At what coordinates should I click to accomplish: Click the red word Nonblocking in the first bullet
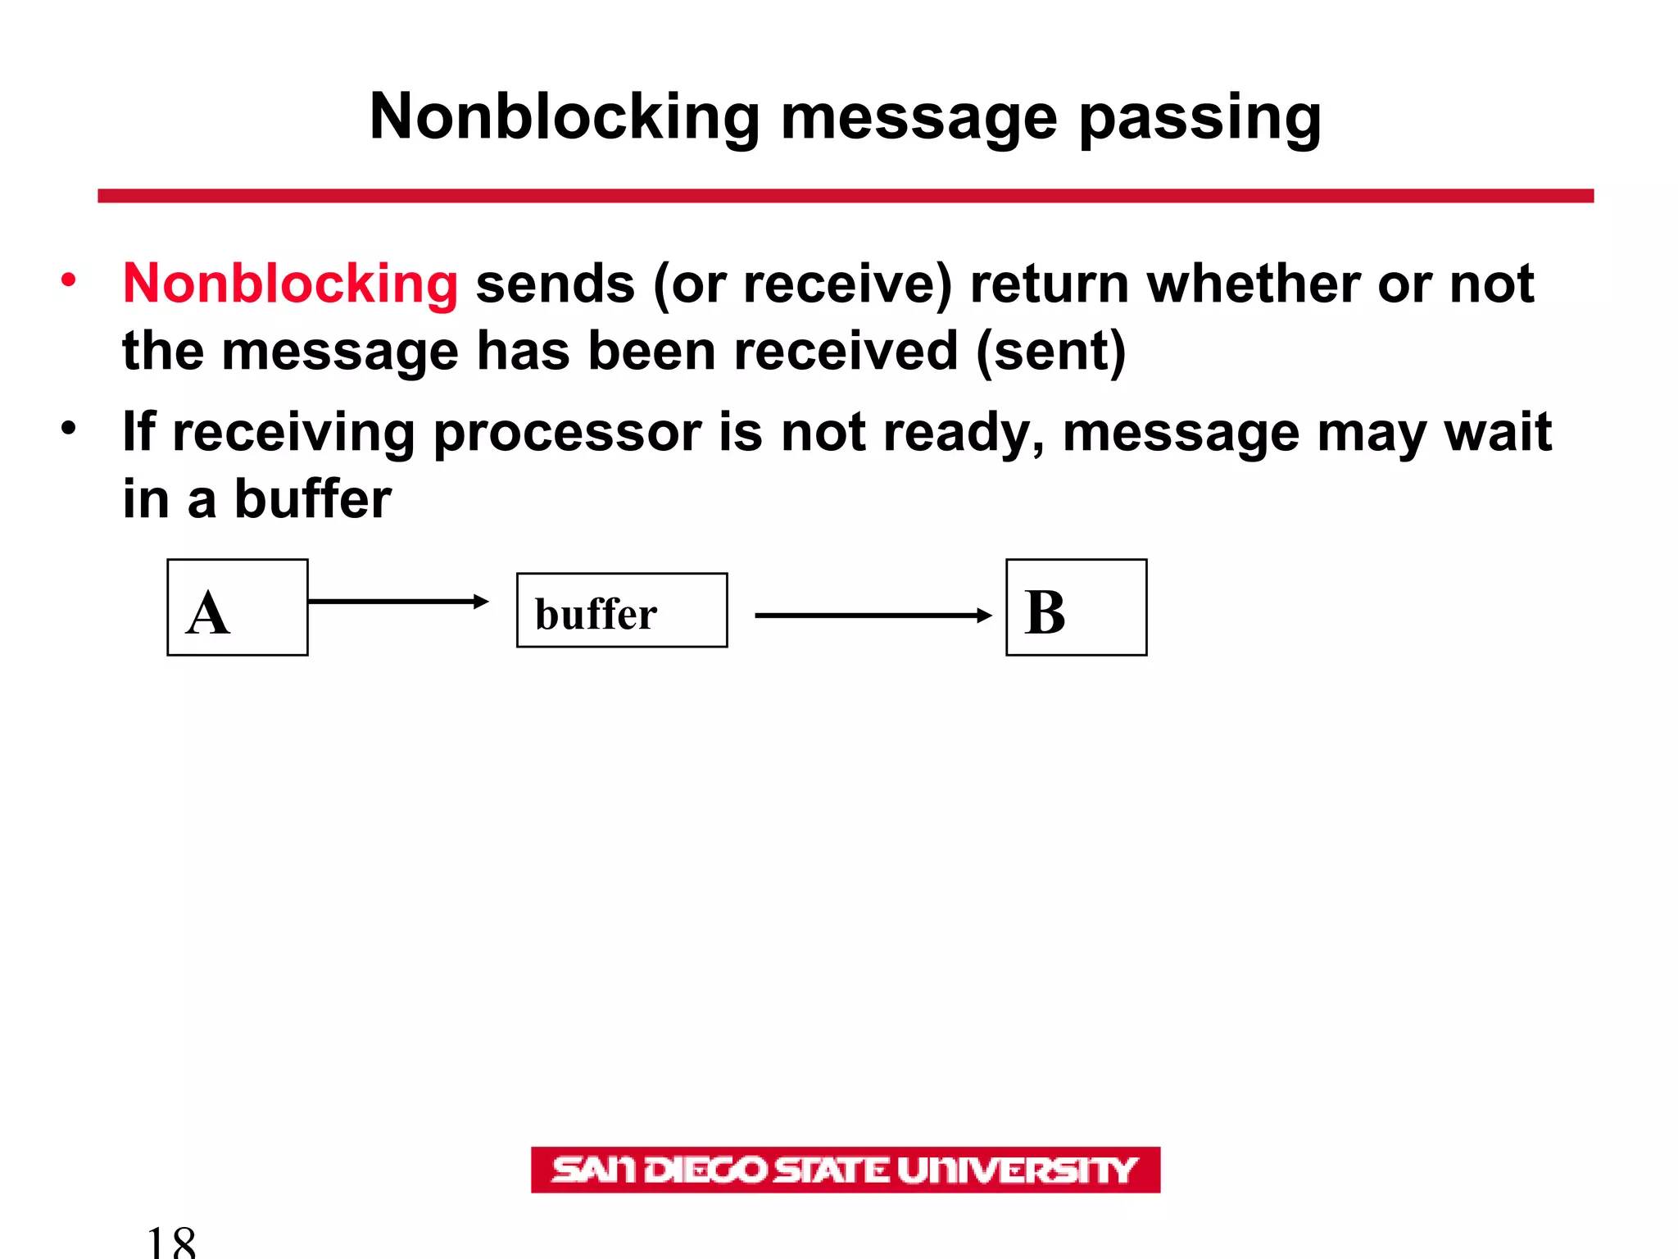click(x=290, y=284)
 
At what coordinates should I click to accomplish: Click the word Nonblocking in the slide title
click(x=565, y=117)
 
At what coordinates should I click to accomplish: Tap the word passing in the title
click(x=1200, y=117)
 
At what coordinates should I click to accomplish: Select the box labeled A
click(x=238, y=607)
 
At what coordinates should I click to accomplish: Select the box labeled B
click(x=1076, y=607)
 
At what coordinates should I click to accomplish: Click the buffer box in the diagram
click(x=622, y=611)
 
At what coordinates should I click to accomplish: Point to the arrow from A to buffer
click(x=398, y=602)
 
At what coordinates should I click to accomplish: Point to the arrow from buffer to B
click(x=873, y=615)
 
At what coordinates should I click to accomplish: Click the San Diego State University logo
click(x=846, y=1170)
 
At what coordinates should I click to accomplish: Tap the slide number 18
click(x=171, y=1242)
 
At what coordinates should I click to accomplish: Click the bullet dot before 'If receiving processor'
click(x=69, y=428)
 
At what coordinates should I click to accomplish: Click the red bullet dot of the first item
click(x=69, y=280)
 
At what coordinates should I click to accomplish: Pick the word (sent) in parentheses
click(x=1051, y=351)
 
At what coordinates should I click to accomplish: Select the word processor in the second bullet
click(x=567, y=432)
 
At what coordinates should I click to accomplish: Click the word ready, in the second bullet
click(x=964, y=432)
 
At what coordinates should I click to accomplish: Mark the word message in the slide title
click(x=919, y=117)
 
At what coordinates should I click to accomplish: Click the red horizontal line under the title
click(x=846, y=196)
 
